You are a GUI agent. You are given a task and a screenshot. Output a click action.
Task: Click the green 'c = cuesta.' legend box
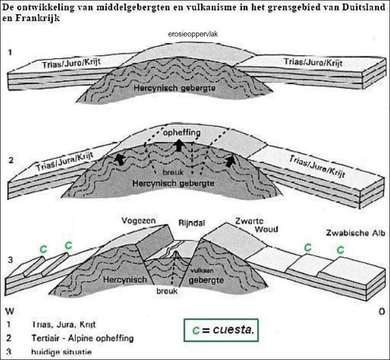pyautogui.click(x=221, y=331)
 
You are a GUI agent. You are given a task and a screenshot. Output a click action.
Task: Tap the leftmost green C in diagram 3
pyautogui.click(x=44, y=249)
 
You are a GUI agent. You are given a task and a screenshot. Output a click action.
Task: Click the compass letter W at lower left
pyautogui.click(x=10, y=310)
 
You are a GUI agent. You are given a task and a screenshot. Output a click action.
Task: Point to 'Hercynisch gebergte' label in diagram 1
pyautogui.click(x=165, y=88)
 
